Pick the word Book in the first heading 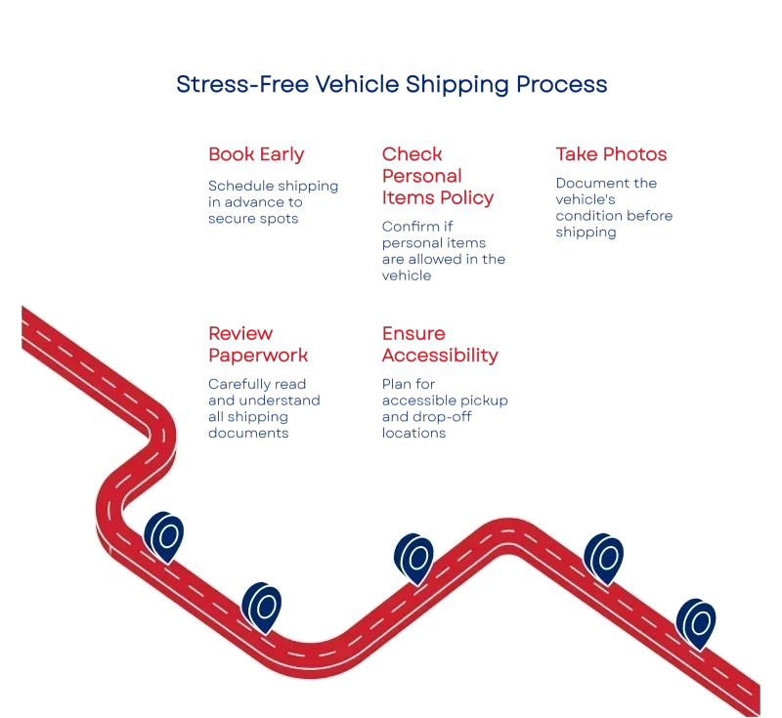coord(229,155)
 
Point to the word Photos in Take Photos coord(634,155)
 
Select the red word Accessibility coord(438,356)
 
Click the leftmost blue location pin coord(164,535)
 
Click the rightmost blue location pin coord(697,622)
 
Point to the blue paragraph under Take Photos coord(613,208)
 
